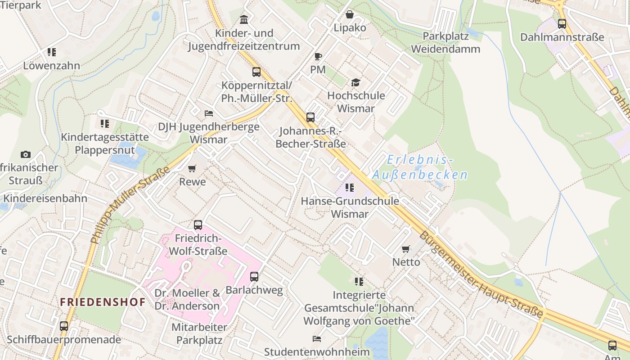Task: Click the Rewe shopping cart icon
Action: click(x=192, y=169)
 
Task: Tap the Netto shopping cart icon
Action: click(x=406, y=249)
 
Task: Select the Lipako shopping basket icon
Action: click(x=350, y=14)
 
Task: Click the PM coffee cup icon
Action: click(x=318, y=56)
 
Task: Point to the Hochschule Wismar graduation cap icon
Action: click(x=356, y=82)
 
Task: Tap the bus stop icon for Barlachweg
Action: click(x=254, y=277)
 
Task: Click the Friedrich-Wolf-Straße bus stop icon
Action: click(x=198, y=225)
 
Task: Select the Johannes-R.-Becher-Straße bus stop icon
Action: click(x=310, y=117)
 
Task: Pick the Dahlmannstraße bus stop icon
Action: click(x=562, y=24)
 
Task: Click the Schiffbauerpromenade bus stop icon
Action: click(x=64, y=326)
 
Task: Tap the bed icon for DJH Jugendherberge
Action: click(x=209, y=113)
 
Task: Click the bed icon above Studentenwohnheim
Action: click(x=317, y=338)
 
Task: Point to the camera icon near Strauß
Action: click(x=26, y=154)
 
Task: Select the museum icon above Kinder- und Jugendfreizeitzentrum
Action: click(x=244, y=19)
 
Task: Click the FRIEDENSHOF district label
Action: click(x=103, y=302)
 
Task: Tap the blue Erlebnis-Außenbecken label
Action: click(x=420, y=167)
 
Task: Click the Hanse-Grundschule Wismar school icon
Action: click(x=350, y=188)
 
